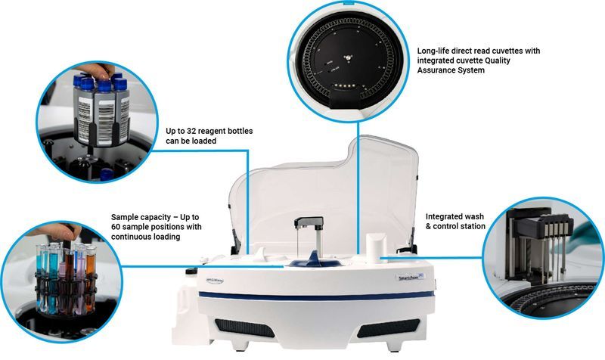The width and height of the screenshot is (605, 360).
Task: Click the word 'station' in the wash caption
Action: [x=472, y=226]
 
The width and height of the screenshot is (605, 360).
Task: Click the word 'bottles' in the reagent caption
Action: [x=238, y=131]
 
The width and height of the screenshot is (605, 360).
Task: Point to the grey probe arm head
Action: [x=310, y=222]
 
